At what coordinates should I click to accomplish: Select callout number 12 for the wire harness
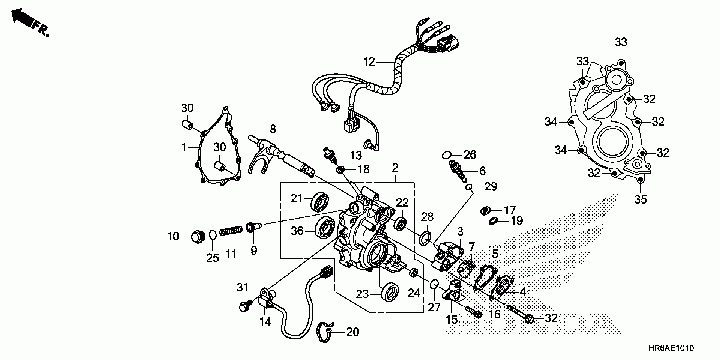click(x=369, y=61)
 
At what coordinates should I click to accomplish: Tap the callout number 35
click(x=640, y=199)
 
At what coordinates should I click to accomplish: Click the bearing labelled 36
click(x=324, y=227)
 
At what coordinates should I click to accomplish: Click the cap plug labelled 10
click(x=197, y=237)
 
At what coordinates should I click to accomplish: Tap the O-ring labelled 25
click(x=213, y=235)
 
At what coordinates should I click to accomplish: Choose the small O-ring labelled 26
click(x=446, y=154)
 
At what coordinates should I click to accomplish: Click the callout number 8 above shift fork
click(x=273, y=129)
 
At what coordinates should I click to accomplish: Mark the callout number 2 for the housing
click(x=395, y=168)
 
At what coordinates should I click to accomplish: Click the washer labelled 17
click(x=485, y=211)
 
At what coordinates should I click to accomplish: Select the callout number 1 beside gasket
click(x=184, y=148)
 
